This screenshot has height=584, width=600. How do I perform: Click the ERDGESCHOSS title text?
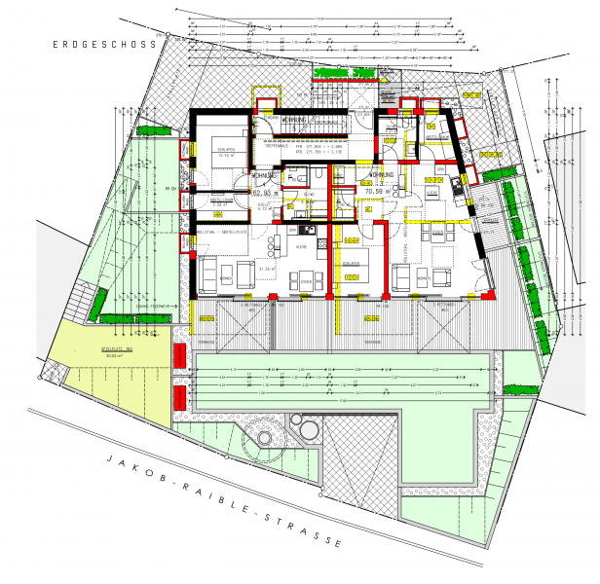(x=105, y=45)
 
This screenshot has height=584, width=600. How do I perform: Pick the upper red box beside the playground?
(x=180, y=357)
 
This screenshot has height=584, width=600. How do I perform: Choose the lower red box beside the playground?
(x=180, y=399)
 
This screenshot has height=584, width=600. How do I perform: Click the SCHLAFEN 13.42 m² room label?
(x=226, y=154)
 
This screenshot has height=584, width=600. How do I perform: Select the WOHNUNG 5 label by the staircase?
(x=297, y=121)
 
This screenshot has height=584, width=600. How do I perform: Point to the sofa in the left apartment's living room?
(x=208, y=272)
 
